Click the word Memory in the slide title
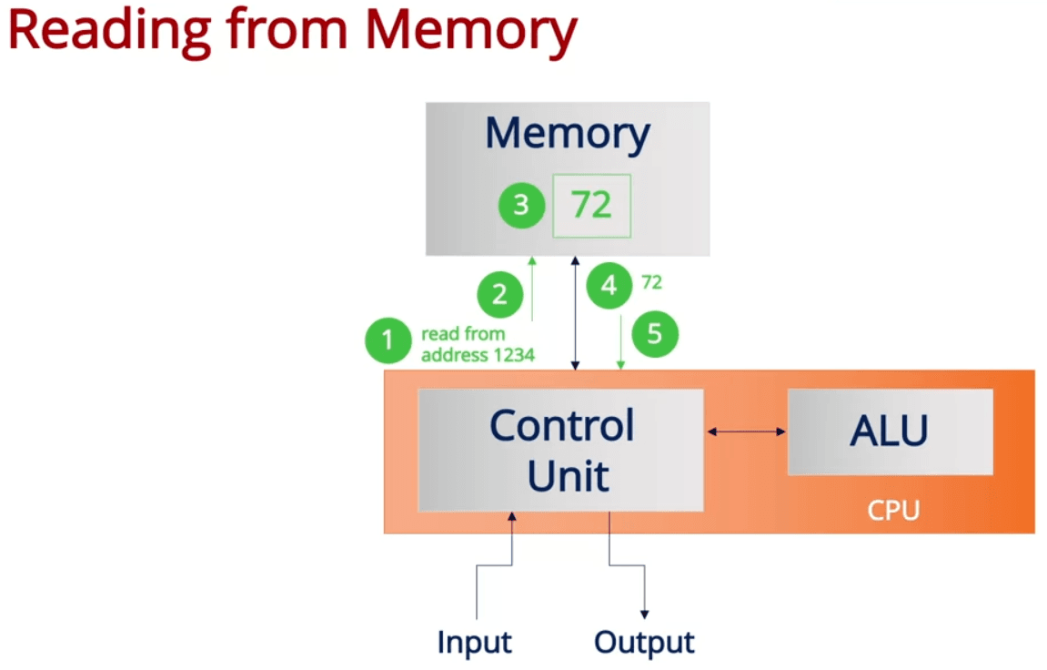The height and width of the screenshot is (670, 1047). [x=470, y=31]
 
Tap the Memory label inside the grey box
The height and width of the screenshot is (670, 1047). [x=568, y=134]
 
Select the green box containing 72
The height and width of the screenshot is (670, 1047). [x=591, y=206]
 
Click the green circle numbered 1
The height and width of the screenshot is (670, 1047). [x=388, y=341]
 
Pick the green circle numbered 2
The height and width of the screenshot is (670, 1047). [x=499, y=294]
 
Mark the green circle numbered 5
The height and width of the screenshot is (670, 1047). [x=655, y=334]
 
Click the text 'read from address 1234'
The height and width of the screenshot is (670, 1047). [x=477, y=344]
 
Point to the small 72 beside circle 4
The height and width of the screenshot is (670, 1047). [x=651, y=283]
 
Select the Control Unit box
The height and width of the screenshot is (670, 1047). [x=560, y=450]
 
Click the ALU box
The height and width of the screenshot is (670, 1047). [x=890, y=431]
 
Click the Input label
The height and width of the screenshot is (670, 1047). [x=474, y=642]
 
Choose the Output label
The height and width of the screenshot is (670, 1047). [x=644, y=642]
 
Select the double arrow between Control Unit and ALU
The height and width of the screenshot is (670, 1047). [x=746, y=431]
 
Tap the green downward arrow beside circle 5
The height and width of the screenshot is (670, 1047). [x=620, y=341]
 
